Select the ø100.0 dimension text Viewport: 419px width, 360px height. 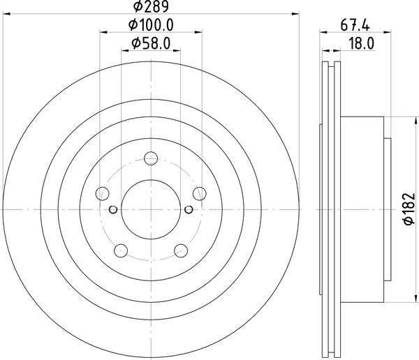(151, 26)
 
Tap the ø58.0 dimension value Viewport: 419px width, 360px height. (151, 44)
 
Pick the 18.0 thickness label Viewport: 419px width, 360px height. (362, 44)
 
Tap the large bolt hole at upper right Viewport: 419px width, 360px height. (198, 193)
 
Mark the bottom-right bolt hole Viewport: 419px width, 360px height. (180, 250)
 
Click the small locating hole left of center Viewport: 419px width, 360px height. (114, 209)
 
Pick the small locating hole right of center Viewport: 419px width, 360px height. (188, 209)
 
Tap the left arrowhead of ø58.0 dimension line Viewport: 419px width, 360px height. (124, 51)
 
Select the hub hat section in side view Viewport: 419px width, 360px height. (363, 208)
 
